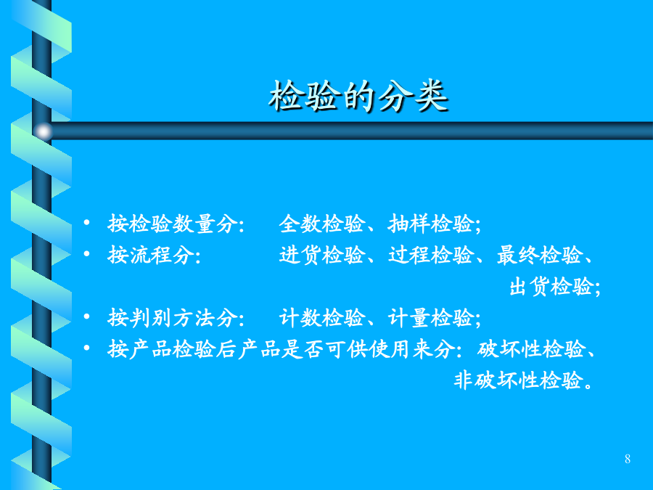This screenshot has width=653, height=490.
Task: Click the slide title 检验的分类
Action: click(x=358, y=97)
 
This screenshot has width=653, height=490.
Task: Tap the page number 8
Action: click(x=627, y=459)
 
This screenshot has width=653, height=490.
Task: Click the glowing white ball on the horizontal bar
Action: click(x=43, y=131)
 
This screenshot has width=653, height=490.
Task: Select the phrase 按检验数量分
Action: click(x=173, y=224)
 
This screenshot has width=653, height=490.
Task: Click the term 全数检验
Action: click(x=322, y=224)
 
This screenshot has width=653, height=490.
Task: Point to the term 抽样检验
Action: click(x=430, y=224)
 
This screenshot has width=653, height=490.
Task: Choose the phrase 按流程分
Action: click(x=151, y=255)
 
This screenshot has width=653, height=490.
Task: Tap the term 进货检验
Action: click(x=322, y=255)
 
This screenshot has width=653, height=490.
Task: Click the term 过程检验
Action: click(x=430, y=255)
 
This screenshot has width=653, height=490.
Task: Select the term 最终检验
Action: click(x=539, y=255)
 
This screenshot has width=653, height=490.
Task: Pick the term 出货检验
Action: click(x=551, y=286)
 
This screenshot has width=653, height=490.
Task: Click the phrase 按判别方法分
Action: click(x=173, y=317)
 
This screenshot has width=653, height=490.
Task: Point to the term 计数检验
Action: click(x=322, y=317)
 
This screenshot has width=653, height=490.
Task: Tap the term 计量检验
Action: click(x=430, y=317)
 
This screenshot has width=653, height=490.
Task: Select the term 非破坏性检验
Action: click(x=517, y=380)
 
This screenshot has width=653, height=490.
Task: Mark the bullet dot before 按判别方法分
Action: click(x=86, y=317)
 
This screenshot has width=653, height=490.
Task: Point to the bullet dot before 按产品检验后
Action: click(x=86, y=347)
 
